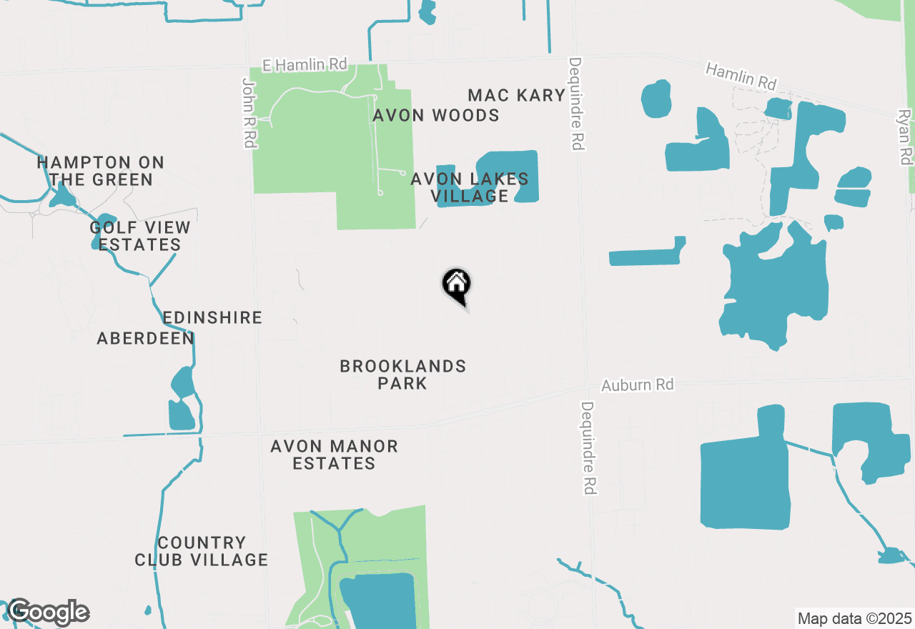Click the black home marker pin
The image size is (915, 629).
point(456,285)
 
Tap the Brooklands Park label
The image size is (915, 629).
point(403,375)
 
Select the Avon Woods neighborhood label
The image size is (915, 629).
point(436,115)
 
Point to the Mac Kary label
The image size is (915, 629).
point(516,95)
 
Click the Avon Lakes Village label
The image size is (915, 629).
point(470,187)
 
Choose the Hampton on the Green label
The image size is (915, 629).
point(101,172)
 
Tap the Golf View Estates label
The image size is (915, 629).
point(140,236)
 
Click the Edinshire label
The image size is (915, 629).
point(212,317)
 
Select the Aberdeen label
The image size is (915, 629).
point(146,338)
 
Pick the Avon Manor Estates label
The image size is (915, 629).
point(334,455)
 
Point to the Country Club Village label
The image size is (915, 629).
point(202,551)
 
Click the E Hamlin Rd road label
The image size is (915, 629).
point(305,65)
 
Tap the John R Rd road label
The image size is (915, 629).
point(249,113)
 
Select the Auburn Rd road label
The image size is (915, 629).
point(637,385)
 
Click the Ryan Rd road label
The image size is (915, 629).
point(905,137)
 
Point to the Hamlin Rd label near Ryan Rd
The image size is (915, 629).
point(741,76)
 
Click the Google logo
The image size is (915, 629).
point(48,613)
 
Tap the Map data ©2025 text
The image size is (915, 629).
point(854,618)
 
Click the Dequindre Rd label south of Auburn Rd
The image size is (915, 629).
point(588,448)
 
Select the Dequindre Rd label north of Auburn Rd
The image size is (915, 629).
point(576,104)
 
